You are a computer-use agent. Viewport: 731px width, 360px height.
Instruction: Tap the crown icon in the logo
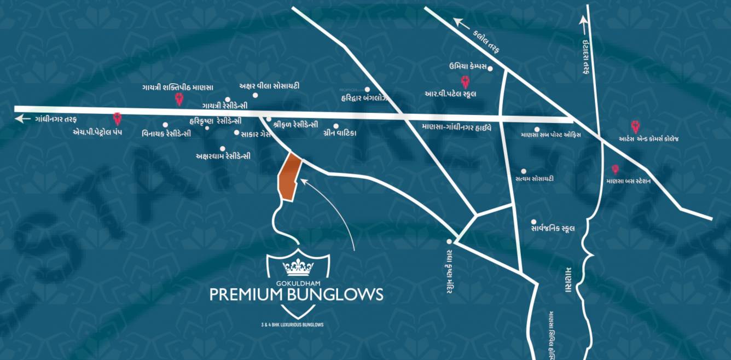[x=298, y=267]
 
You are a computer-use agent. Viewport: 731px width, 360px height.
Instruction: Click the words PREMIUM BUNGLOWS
[x=297, y=295]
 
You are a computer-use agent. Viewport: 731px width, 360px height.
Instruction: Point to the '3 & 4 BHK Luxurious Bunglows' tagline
[x=292, y=324]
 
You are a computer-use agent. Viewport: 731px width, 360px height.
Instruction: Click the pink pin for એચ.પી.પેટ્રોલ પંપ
[x=117, y=118]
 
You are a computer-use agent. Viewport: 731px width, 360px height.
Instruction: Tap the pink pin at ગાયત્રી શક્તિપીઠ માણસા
[x=178, y=100]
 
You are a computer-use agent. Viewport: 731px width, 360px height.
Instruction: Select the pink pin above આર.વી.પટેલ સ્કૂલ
[x=466, y=82]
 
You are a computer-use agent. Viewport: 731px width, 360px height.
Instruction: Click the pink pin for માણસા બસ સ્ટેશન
[x=615, y=170]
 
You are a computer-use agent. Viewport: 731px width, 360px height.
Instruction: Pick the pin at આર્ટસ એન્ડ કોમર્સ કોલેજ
[x=635, y=126]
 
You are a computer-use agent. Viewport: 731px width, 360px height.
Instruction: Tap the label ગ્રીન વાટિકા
[x=340, y=133]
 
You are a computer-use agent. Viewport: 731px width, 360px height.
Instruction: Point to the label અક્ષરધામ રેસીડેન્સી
[x=223, y=156]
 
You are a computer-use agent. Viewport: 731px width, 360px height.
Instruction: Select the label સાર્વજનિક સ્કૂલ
[x=553, y=228]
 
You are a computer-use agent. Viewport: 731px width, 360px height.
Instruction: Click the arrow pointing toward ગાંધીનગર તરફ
[x=23, y=118]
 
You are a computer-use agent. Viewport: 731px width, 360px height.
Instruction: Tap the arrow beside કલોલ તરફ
[x=461, y=23]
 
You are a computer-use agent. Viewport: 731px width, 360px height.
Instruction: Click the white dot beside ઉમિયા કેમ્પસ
[x=490, y=68]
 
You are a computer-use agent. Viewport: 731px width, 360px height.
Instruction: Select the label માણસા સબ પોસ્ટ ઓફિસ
[x=550, y=135]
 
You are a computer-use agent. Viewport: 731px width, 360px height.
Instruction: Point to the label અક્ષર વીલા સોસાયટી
[x=269, y=86]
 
